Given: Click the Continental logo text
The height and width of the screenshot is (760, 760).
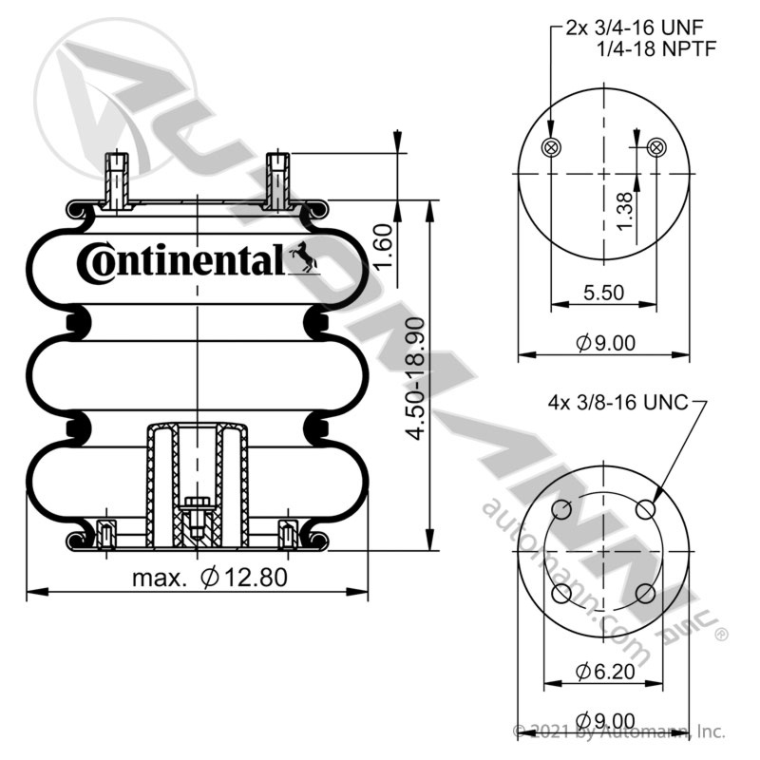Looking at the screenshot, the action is [x=180, y=262].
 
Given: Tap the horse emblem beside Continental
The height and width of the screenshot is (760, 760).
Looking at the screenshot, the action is [x=304, y=256].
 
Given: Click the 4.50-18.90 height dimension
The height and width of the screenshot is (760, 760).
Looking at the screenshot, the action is [x=415, y=378].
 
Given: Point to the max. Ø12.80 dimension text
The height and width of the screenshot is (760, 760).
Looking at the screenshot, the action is [x=210, y=578].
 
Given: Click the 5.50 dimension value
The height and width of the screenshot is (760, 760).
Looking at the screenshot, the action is [x=603, y=293].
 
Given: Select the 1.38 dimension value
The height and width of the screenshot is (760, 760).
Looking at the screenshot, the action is [x=625, y=212].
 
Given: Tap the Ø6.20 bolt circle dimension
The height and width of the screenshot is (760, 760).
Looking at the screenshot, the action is [x=605, y=672].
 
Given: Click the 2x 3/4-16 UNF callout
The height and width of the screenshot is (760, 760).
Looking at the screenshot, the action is [x=635, y=28].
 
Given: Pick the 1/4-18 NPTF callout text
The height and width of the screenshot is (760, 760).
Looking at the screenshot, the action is [x=656, y=49].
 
